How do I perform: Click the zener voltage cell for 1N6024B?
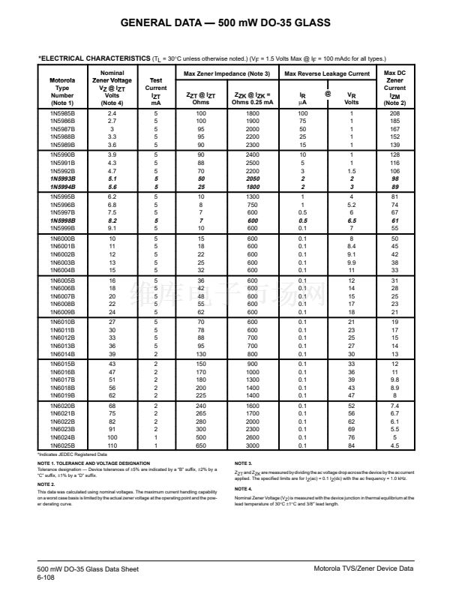tap(112, 439)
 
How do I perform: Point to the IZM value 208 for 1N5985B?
tap(394, 112)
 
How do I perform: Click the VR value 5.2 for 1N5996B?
tap(351, 203)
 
